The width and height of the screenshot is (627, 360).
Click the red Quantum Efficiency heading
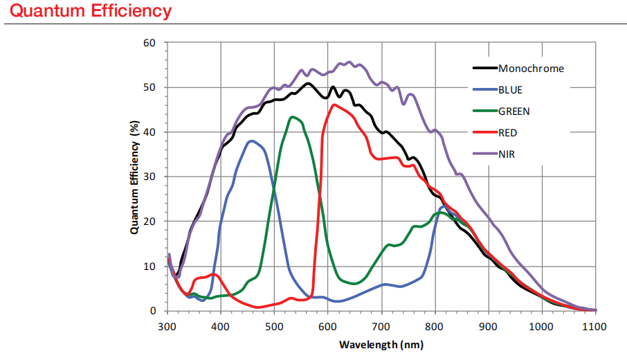(x=91, y=12)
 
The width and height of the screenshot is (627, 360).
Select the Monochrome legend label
(x=531, y=69)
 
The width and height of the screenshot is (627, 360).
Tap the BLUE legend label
(x=510, y=89)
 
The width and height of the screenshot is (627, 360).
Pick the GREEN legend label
(x=514, y=111)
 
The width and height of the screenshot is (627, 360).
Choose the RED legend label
(x=507, y=132)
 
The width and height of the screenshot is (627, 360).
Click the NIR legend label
(x=507, y=154)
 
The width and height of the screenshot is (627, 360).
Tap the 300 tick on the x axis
(x=167, y=325)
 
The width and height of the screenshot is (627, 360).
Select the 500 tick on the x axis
(x=274, y=325)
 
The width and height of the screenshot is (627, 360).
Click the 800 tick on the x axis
(x=435, y=325)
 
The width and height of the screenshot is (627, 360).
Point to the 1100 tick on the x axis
(x=594, y=325)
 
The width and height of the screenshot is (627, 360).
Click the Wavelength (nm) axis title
(x=381, y=344)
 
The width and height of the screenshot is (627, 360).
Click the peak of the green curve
(x=293, y=117)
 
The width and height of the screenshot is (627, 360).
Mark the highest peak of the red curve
(x=335, y=105)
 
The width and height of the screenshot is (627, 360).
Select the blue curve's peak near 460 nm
(x=252, y=141)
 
